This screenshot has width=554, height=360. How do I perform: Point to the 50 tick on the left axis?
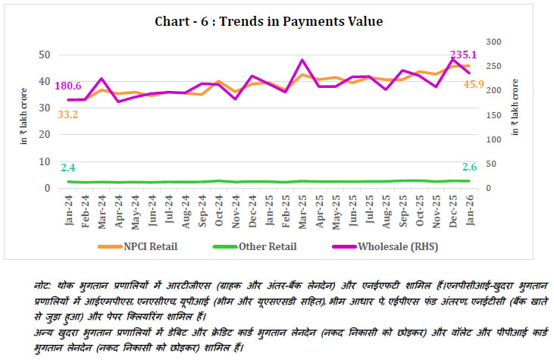(x=44, y=55)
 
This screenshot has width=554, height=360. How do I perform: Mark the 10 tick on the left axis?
(x=44, y=161)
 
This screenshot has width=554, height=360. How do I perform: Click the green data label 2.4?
(x=68, y=167)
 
